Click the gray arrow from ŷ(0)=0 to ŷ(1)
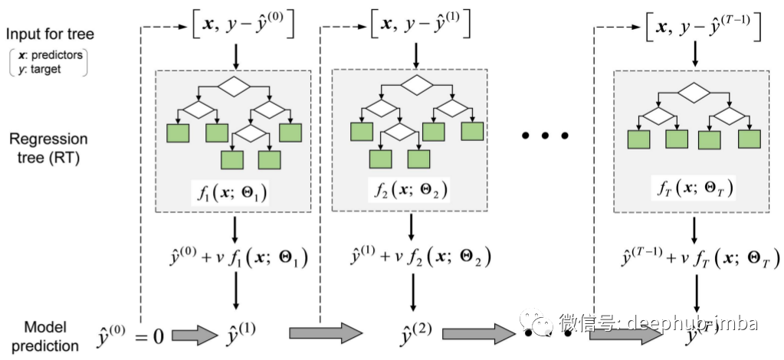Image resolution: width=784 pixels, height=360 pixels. (x=195, y=335)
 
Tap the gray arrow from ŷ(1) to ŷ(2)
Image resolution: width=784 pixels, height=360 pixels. (x=325, y=333)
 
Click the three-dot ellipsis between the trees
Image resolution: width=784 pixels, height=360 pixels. (x=545, y=136)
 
